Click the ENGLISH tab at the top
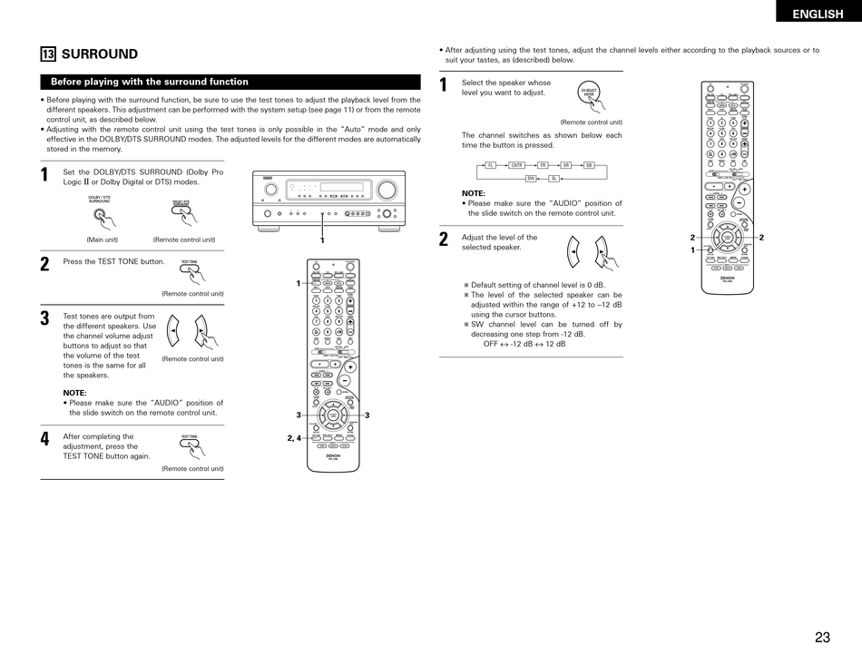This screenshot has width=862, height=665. point(817,14)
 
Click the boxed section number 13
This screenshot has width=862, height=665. point(47,54)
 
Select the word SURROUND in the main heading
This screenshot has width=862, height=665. point(100,54)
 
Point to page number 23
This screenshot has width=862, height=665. point(822,637)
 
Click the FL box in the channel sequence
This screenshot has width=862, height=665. point(491,165)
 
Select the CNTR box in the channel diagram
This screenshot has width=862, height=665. point(516,165)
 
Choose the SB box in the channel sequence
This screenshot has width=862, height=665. point(588,165)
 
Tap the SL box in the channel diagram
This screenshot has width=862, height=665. point(553,179)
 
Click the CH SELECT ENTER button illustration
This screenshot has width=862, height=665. point(590,94)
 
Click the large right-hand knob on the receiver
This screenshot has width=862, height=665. point(387,190)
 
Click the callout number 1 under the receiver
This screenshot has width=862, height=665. point(321,240)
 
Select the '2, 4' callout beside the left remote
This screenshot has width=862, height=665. point(294,438)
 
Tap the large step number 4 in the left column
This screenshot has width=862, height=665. point(44,440)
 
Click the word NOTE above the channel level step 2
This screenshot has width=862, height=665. point(473,193)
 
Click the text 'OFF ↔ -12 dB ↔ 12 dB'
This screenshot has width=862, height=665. point(524,344)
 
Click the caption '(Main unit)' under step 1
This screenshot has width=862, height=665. point(103,240)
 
